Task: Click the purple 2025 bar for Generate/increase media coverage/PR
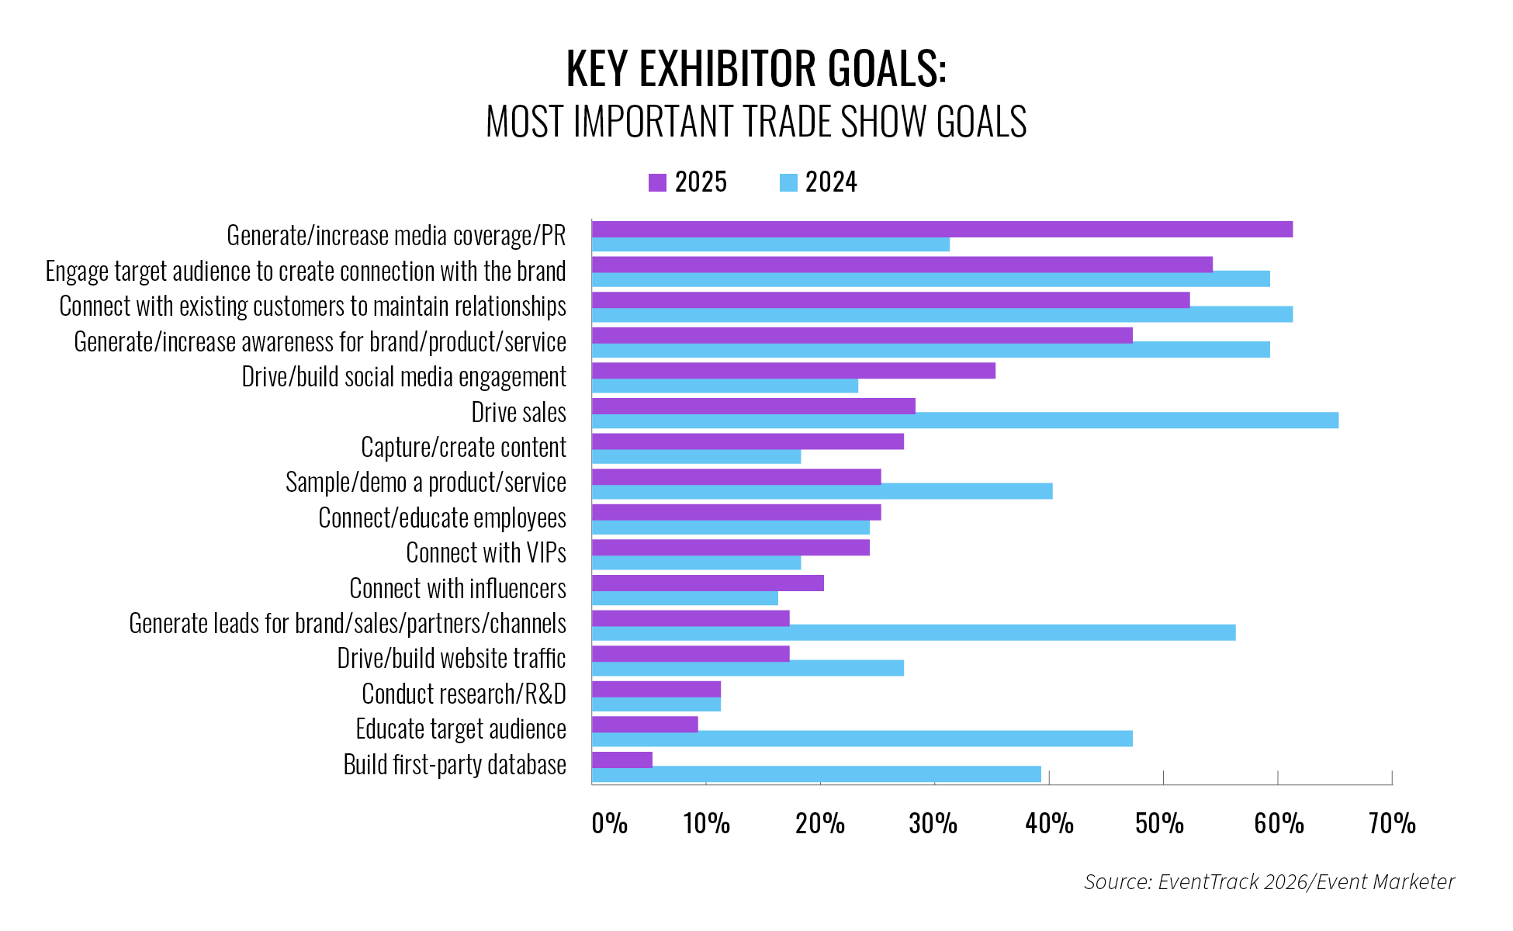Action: tap(941, 229)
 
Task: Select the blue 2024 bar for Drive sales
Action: tap(964, 421)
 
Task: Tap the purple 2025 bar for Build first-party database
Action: tap(621, 760)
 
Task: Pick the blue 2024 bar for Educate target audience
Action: tap(861, 739)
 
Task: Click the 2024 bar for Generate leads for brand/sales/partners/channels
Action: tap(913, 633)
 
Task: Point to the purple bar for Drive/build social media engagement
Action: tap(793, 370)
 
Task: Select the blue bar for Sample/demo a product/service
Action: tap(822, 491)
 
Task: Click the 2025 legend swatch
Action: tap(657, 183)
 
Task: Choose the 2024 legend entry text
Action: tap(830, 182)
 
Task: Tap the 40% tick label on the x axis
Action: tap(1049, 823)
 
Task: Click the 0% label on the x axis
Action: tap(609, 823)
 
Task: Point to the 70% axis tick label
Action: tap(1392, 823)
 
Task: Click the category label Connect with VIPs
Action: tap(486, 553)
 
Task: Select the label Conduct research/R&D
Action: tap(463, 694)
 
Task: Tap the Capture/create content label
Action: tap(463, 448)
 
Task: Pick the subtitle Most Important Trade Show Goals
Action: tap(756, 122)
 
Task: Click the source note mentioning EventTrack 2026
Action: tap(1269, 882)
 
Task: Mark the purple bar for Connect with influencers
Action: tap(707, 583)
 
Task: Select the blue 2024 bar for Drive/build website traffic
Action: tap(747, 668)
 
